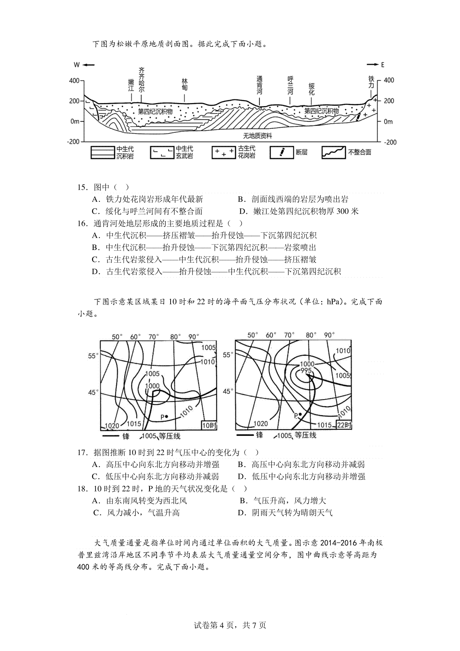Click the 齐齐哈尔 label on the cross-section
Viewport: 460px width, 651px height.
[x=142, y=80]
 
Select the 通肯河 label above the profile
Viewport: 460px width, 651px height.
[x=260, y=85]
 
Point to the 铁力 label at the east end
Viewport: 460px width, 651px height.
[x=371, y=82]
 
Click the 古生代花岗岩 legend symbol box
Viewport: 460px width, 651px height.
[x=223, y=152]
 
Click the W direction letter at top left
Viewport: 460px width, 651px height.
[x=77, y=65]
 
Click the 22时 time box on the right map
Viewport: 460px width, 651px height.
[x=343, y=425]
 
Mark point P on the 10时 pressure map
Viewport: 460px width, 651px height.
[x=166, y=416]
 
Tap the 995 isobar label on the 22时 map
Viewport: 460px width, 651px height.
[x=307, y=371]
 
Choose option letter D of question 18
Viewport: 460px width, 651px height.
[x=242, y=513]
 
